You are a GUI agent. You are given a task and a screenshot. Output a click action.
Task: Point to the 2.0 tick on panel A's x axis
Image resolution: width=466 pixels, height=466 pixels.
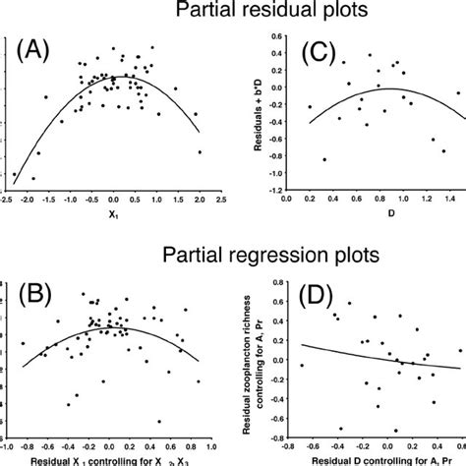coord(200,199)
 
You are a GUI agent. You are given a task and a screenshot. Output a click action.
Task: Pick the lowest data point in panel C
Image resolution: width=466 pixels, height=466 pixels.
coord(323,159)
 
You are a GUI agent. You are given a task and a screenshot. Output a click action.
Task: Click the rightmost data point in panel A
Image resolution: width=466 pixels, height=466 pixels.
coord(200,152)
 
